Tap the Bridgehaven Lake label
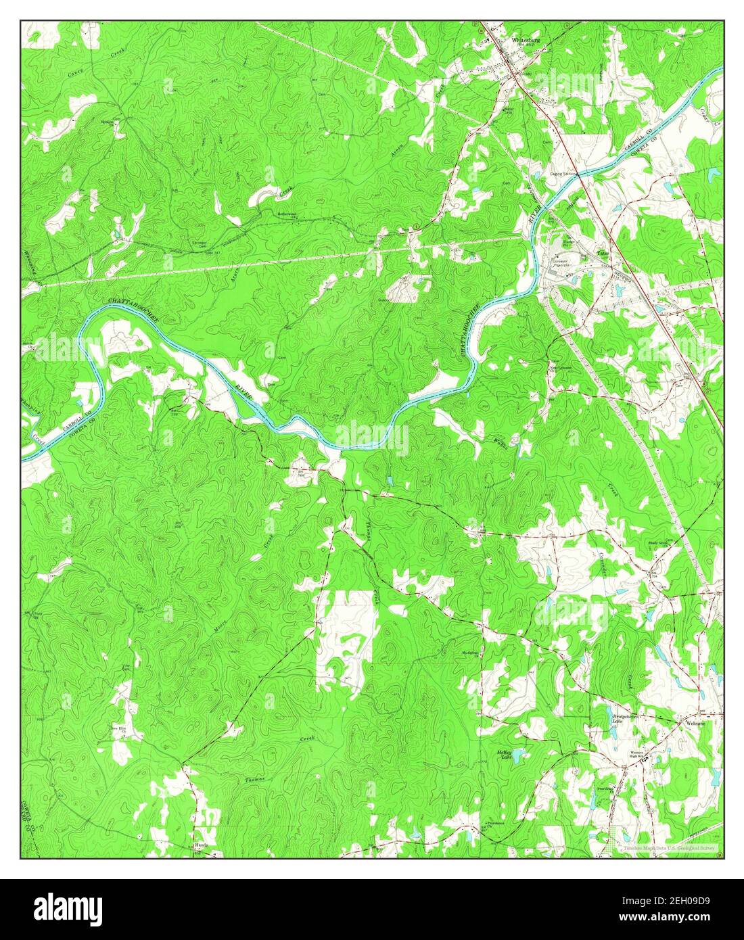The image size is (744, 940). point(607,718)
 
